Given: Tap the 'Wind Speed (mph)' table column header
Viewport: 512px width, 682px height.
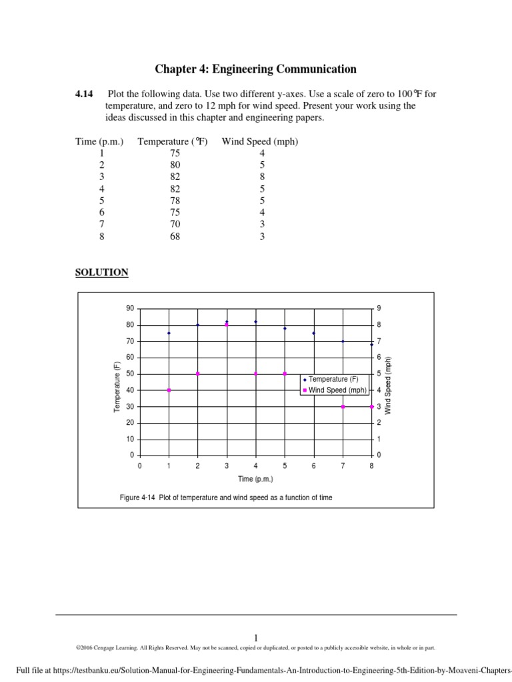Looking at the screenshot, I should click(x=260, y=141).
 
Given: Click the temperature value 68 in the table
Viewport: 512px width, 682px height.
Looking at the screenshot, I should click(x=175, y=236).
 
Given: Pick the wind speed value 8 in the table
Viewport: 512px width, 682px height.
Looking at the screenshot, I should click(x=262, y=176).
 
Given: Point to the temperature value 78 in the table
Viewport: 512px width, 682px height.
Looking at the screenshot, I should click(x=175, y=200).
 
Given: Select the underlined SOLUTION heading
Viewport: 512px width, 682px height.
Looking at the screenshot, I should click(x=101, y=272).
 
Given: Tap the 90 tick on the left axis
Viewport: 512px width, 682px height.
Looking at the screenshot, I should click(x=130, y=309).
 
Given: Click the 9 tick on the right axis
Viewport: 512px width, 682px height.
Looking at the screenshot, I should click(x=379, y=309).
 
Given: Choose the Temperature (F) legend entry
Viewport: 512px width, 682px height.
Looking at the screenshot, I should click(x=333, y=379).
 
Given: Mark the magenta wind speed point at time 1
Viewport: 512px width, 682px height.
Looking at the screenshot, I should click(x=169, y=390).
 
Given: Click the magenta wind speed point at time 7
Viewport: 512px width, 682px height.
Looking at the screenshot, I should click(x=343, y=406).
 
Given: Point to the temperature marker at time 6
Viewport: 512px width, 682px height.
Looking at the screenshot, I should click(x=313, y=333).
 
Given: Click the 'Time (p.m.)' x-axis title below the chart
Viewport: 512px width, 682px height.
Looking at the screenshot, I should click(x=255, y=479).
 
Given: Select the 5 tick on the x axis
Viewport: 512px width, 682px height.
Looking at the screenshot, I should click(x=285, y=466).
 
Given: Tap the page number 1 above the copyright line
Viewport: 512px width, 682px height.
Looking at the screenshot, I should click(x=255, y=637).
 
